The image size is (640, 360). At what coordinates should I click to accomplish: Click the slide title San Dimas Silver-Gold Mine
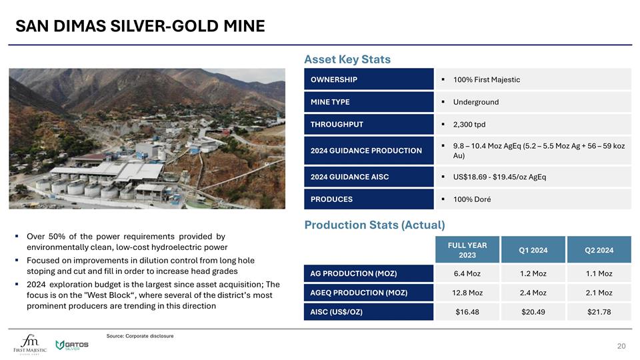click(140, 27)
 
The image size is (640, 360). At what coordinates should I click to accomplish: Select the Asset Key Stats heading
click(347, 59)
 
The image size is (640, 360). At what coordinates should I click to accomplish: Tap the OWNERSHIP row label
click(334, 80)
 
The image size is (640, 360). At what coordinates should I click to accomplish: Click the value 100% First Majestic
click(486, 80)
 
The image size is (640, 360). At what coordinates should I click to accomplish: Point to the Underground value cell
click(475, 102)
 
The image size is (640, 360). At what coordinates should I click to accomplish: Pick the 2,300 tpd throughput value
click(469, 125)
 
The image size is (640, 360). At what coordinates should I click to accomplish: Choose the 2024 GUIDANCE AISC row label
click(349, 177)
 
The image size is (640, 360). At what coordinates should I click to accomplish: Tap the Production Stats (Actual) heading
click(374, 225)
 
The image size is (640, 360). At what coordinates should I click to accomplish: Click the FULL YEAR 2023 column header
click(467, 251)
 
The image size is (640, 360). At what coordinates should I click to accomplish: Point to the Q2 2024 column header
click(598, 251)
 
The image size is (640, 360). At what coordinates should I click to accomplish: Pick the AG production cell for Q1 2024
click(533, 274)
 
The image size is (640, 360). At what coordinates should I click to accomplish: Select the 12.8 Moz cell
click(467, 293)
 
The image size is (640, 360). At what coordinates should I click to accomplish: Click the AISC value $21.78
click(598, 312)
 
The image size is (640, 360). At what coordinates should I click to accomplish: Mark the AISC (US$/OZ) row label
click(337, 312)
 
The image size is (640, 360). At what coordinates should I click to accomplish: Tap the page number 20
click(621, 345)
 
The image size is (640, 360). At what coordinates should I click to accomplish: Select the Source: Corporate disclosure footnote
click(140, 336)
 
